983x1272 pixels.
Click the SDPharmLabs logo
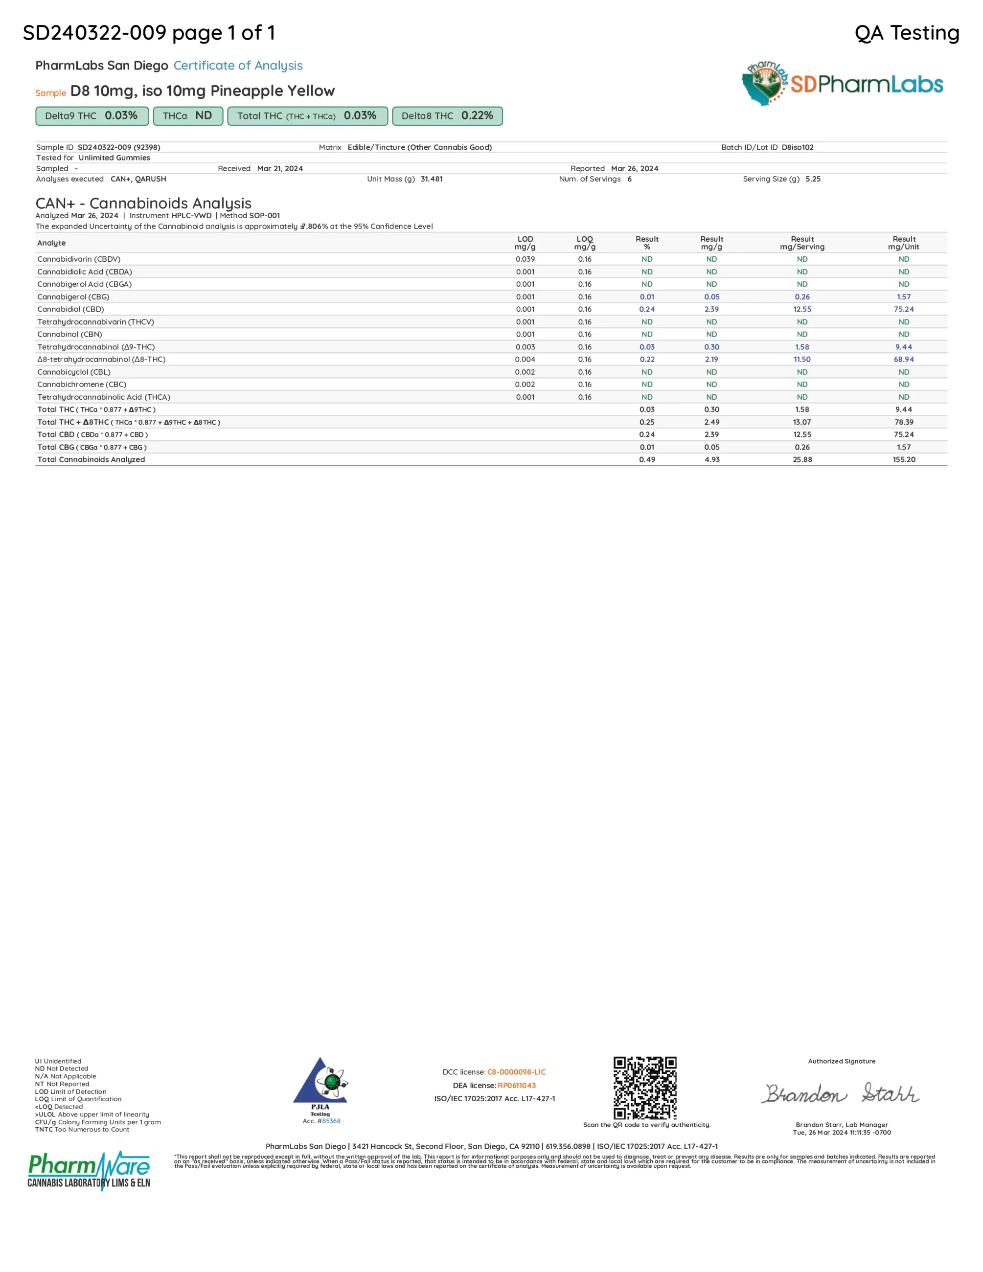(842, 84)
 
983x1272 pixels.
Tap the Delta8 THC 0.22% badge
(447, 116)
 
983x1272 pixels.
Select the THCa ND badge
(187, 116)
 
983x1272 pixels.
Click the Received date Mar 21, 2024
(279, 168)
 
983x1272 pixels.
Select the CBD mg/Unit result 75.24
(903, 309)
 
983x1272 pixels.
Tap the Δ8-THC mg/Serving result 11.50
(802, 360)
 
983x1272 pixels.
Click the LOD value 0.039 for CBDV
(525, 259)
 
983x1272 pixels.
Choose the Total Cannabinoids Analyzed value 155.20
(903, 459)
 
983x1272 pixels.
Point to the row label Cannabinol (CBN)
(70, 334)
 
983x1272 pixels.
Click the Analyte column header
(51, 243)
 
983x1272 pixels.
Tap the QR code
(645, 1088)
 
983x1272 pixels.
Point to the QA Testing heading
(906, 33)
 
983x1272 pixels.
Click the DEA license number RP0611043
(517, 1085)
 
